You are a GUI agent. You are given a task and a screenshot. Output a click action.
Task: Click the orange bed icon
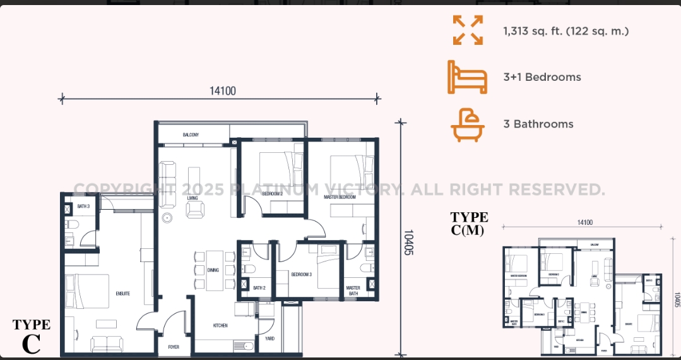pyautogui.click(x=468, y=77)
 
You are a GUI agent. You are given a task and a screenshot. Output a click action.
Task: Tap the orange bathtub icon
pyautogui.click(x=468, y=124)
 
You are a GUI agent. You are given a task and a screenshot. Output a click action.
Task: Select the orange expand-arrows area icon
pyautogui.click(x=468, y=30)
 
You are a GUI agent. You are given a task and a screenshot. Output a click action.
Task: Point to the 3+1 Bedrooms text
pyautogui.click(x=542, y=77)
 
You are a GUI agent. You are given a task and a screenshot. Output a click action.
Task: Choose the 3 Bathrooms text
pyautogui.click(x=538, y=124)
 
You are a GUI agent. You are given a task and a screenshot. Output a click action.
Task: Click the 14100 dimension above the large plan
pyautogui.click(x=222, y=91)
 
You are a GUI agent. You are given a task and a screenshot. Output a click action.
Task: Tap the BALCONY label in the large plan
pyautogui.click(x=191, y=135)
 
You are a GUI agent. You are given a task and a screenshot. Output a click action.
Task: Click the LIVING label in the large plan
pyautogui.click(x=192, y=198)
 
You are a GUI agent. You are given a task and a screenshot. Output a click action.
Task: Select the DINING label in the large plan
pyautogui.click(x=213, y=270)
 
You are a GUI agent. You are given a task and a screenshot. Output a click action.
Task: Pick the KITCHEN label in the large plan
pyautogui.click(x=220, y=325)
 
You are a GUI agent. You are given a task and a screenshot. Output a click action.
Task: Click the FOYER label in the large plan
pyautogui.click(x=174, y=347)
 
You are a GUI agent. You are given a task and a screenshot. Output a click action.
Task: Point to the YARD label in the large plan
pyautogui.click(x=269, y=339)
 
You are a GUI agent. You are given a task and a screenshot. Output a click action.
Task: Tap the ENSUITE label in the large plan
pyautogui.click(x=122, y=293)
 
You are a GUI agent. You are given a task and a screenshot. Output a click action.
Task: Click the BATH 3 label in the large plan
pyautogui.click(x=83, y=207)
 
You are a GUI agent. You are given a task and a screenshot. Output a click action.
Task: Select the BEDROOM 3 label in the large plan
pyautogui.click(x=302, y=274)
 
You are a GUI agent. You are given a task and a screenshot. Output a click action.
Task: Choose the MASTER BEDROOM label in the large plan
pyautogui.click(x=340, y=197)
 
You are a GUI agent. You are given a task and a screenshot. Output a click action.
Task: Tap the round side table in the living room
pyautogui.click(x=167, y=219)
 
